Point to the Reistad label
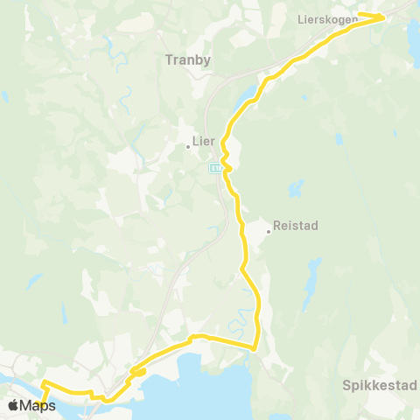pos(296,225)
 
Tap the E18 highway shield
pos(215,166)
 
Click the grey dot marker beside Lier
pos(188,147)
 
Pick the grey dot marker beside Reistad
pos(269,232)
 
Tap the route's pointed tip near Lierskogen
pos(386,15)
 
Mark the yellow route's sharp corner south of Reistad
pos(255,348)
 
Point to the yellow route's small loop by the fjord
pos(137,373)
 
